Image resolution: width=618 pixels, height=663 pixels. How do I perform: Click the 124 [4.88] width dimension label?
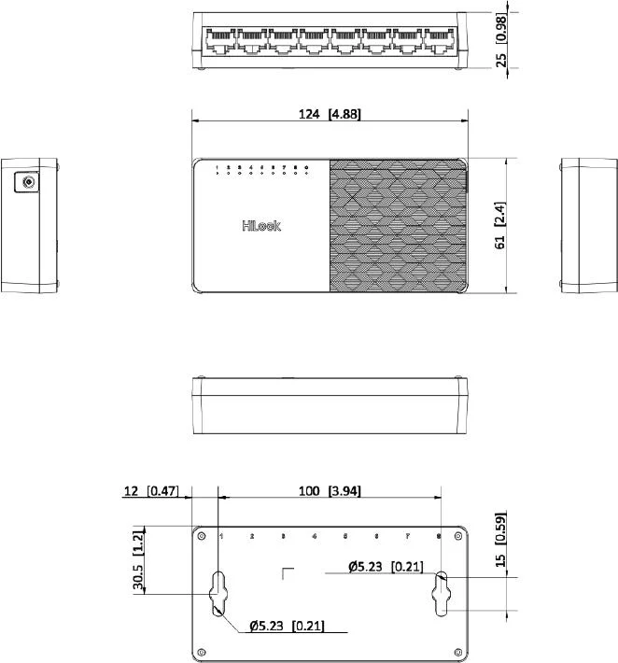[330, 115]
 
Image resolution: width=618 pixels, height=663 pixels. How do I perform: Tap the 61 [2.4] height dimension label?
[500, 226]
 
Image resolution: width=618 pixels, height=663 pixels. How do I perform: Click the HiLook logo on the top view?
[261, 225]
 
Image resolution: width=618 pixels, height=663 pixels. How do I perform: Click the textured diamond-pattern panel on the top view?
[396, 225]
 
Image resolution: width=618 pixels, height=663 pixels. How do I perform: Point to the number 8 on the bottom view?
[439, 536]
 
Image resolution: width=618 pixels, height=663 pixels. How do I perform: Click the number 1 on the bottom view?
[220, 536]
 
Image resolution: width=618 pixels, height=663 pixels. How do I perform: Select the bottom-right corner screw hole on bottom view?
[456, 651]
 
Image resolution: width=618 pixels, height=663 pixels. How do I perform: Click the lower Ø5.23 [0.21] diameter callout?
[288, 626]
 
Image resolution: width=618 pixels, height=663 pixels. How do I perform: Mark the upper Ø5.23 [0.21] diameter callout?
[385, 566]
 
